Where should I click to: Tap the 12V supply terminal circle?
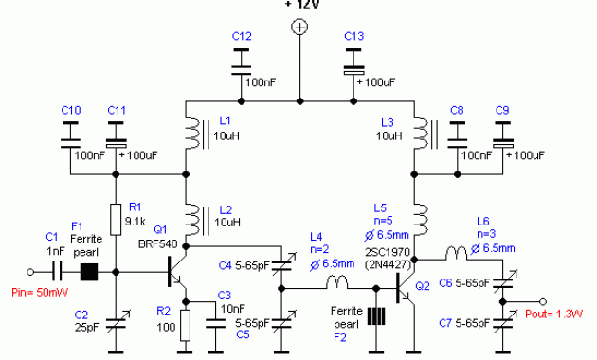[299, 29]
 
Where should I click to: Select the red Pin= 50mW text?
[31, 294]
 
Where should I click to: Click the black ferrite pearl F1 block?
[91, 273]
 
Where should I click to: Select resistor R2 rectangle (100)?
[185, 325]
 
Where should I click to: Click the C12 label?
[243, 36]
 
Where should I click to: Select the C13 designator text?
[353, 36]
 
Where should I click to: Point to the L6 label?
[482, 217]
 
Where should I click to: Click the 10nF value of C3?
[229, 308]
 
